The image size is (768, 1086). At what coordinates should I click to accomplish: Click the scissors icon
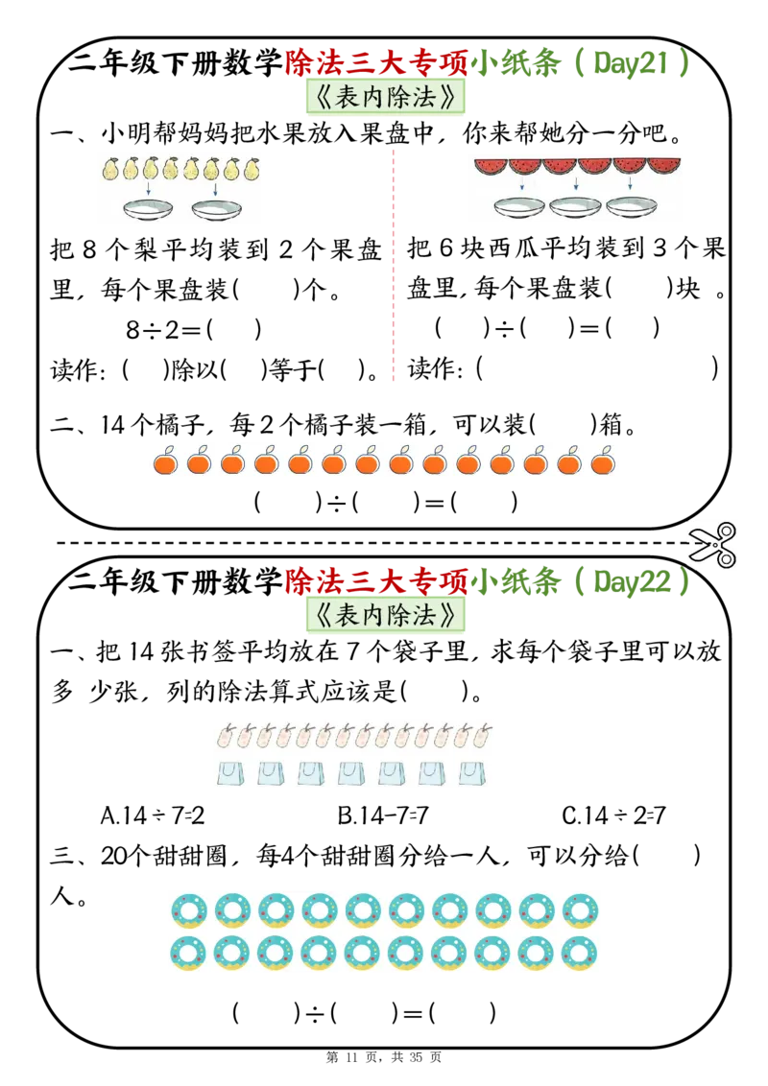point(714,545)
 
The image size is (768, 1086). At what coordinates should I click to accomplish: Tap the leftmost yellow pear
point(111,169)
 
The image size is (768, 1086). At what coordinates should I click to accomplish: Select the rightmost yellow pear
point(252,169)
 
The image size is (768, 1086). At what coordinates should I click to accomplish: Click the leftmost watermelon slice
point(491,166)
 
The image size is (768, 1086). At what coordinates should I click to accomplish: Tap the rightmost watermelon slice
point(664,166)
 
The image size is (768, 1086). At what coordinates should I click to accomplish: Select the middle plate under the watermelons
point(575,205)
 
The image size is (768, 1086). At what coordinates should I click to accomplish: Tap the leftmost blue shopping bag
point(230,773)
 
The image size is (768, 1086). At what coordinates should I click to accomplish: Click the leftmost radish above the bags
point(227,736)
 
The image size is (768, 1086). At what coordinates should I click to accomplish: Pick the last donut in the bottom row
point(580,953)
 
